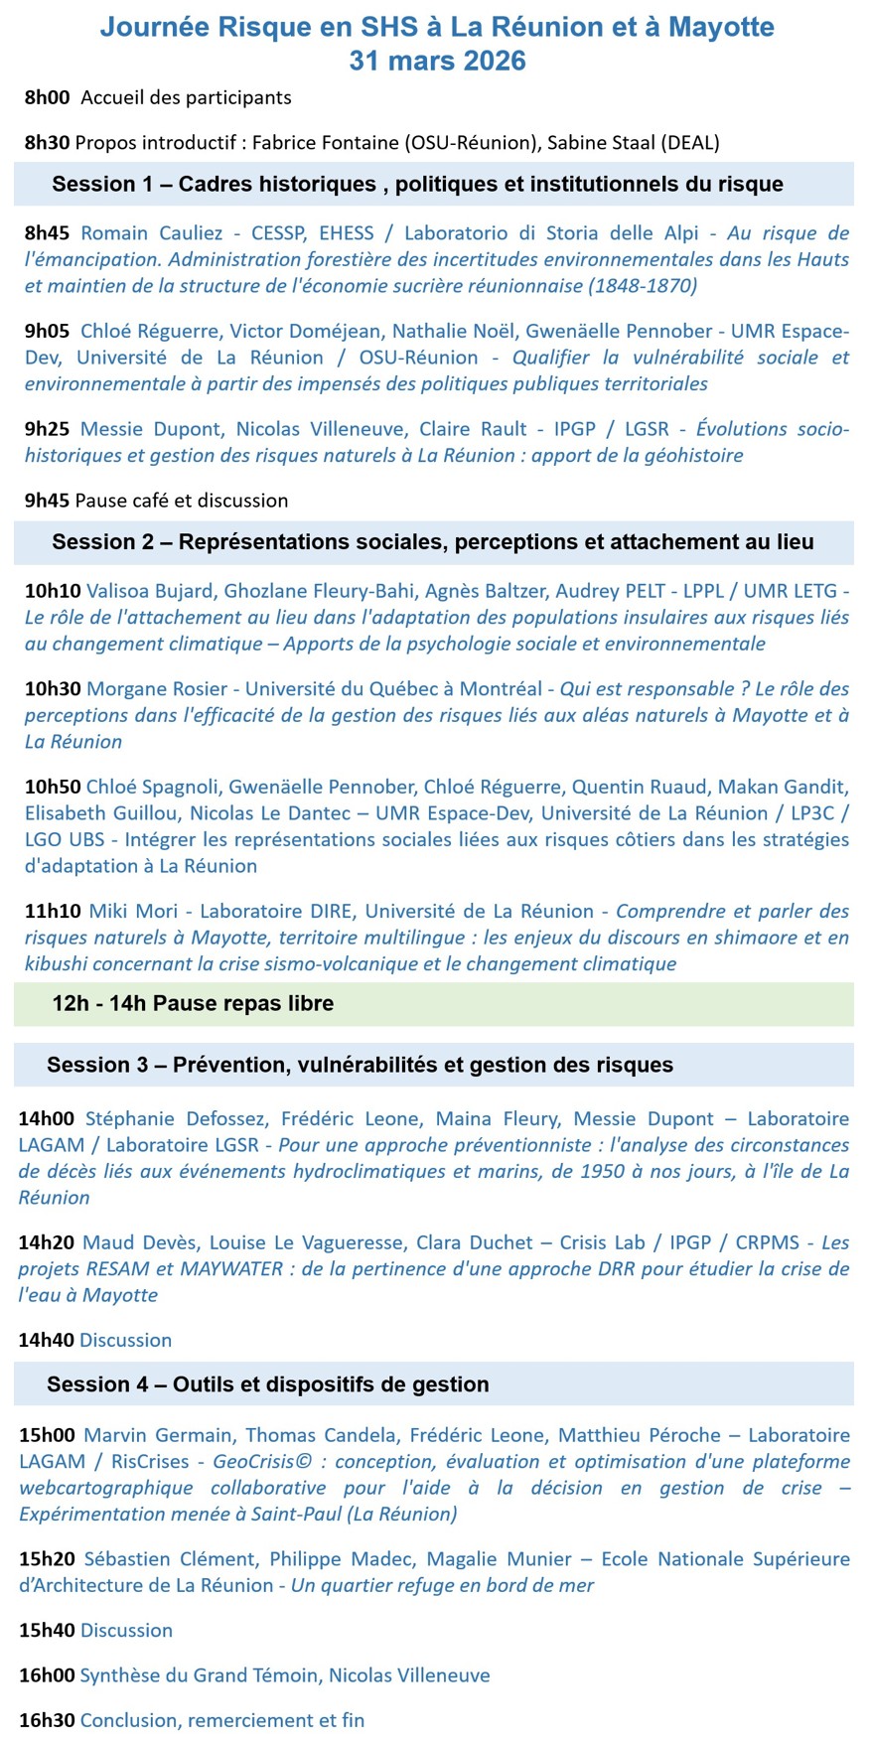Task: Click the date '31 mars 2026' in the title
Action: (436, 61)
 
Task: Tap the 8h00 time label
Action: (47, 97)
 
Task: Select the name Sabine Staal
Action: (601, 142)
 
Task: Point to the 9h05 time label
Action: (47, 331)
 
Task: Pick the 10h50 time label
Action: (52, 787)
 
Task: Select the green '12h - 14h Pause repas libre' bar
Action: (434, 1004)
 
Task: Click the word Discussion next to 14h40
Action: (125, 1340)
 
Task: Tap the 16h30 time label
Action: (46, 1719)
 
